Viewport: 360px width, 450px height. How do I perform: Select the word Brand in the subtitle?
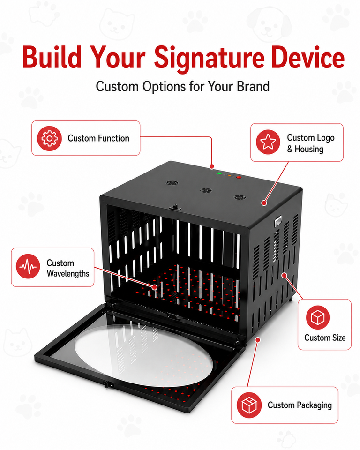point(253,86)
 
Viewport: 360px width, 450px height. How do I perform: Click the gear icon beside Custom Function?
point(49,138)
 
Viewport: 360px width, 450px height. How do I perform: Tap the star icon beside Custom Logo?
point(268,142)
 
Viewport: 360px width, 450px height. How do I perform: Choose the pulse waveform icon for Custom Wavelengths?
point(28,266)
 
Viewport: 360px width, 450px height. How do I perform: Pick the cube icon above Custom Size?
point(317,317)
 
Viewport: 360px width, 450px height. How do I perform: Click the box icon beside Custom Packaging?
point(249,405)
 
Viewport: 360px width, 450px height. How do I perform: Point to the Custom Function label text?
point(98,138)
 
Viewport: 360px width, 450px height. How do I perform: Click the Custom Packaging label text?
point(300,405)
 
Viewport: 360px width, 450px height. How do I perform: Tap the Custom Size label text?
point(325,337)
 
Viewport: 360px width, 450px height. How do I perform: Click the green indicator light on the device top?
point(219,173)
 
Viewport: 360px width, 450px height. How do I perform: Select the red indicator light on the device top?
point(238,177)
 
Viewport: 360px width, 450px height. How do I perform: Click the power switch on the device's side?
point(278,222)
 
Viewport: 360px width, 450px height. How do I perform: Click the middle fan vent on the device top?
point(206,190)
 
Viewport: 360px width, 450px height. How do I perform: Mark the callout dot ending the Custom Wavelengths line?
point(154,287)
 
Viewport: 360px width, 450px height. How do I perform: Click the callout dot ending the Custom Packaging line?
point(258,340)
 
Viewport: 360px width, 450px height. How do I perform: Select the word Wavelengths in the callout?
point(68,273)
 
